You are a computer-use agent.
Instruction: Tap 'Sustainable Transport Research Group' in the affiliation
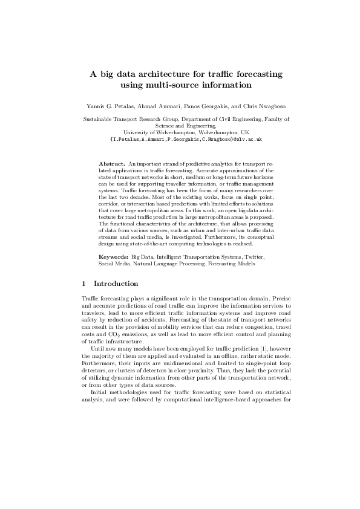coord(119,120)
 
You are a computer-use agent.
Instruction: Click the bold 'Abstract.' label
coord(111,164)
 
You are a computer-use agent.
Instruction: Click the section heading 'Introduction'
coord(116,284)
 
